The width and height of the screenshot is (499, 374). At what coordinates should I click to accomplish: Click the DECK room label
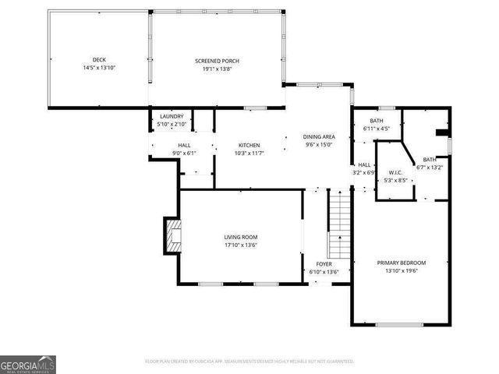99,60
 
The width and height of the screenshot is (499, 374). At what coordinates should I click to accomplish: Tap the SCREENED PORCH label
217,61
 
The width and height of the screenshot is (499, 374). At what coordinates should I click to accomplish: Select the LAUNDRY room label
171,116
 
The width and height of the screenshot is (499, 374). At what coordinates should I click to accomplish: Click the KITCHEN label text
249,145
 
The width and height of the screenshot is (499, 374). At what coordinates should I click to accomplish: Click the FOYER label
324,264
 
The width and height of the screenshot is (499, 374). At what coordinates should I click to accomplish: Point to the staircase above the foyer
339,226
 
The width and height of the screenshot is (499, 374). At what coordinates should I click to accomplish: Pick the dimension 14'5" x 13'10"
99,69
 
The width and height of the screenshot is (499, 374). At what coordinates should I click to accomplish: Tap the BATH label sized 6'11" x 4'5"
377,121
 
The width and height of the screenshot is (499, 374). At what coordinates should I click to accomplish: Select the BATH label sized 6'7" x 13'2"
430,159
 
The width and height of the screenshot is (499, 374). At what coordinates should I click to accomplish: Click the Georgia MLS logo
28,364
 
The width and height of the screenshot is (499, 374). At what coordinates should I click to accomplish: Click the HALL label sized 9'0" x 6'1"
184,145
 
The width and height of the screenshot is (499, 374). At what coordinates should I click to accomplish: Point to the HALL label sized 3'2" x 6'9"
364,165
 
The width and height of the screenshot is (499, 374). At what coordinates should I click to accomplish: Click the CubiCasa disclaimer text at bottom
249,362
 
